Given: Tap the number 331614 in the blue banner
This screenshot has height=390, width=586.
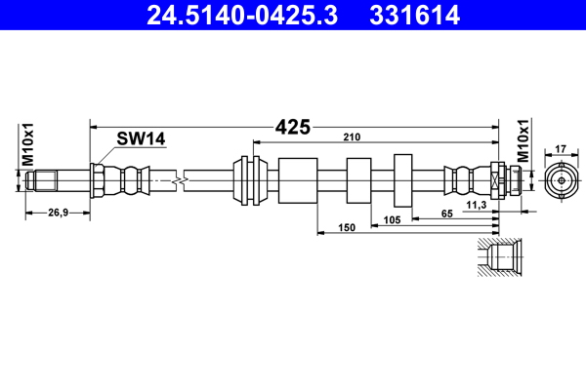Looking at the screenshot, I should [415, 16].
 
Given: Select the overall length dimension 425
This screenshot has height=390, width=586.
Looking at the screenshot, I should [292, 127].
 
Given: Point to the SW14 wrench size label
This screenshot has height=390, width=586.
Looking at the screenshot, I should [141, 139].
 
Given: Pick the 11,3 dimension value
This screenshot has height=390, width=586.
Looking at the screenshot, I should [477, 206].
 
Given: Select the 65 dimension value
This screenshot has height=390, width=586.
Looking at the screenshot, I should [445, 214].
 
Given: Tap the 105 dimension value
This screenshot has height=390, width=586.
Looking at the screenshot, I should [393, 221].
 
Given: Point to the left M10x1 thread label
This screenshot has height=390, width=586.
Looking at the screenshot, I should [29, 144].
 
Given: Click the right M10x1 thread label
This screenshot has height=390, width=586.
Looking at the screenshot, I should [523, 142].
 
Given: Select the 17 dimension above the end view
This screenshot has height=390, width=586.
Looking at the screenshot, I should [561, 149].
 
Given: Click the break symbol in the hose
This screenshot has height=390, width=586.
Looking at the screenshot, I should [178, 179].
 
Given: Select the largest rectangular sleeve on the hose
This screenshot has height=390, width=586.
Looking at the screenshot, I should [298, 179].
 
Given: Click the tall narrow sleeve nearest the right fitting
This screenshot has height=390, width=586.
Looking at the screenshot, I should [404, 179].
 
